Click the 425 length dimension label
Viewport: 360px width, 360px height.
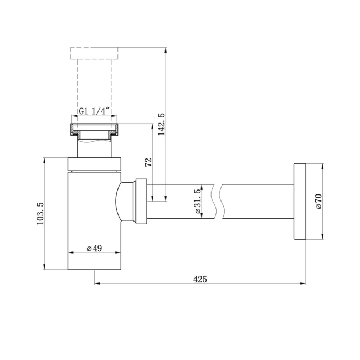point(200,279)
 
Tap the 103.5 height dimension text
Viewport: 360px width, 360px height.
point(40,214)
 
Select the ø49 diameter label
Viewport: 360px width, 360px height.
point(94,248)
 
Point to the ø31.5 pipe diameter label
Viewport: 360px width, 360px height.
point(198,202)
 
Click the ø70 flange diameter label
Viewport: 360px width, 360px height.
point(319,202)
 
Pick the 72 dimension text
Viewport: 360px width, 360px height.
point(149,162)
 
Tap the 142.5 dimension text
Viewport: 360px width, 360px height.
point(162,124)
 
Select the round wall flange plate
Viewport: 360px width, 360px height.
point(300,202)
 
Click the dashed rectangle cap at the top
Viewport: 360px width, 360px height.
point(94,53)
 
